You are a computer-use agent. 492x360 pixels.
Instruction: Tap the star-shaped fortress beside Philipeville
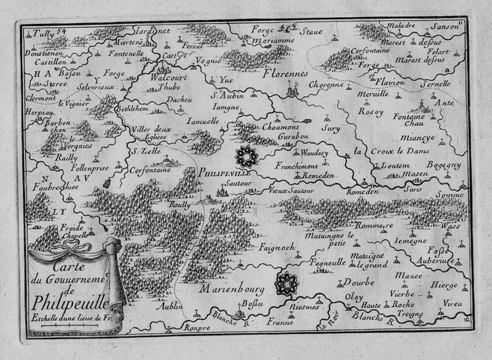pyautogui.click(x=248, y=156)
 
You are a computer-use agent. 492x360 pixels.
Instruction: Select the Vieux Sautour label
pyautogui.click(x=290, y=188)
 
